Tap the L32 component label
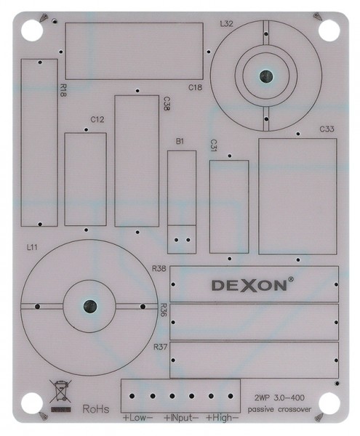pyautogui.click(x=226, y=24)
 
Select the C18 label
pyautogui.click(x=195, y=88)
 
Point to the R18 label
pyautogui.click(x=63, y=91)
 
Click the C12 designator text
pyautogui.click(x=97, y=120)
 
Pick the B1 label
pyautogui.click(x=180, y=142)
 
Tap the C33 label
pyautogui.click(x=327, y=129)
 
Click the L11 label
pyautogui.click(x=32, y=247)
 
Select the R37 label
pyautogui.click(x=160, y=347)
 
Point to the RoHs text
pyautogui.click(x=96, y=409)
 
